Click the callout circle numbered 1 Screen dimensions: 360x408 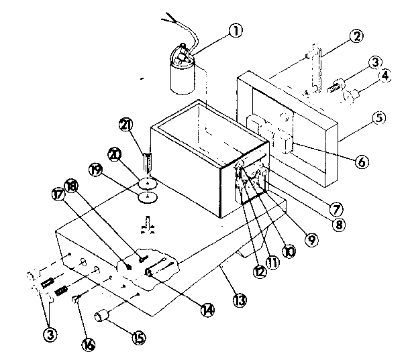234,31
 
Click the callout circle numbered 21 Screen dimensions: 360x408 126,124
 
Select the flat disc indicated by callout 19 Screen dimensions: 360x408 147,196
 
